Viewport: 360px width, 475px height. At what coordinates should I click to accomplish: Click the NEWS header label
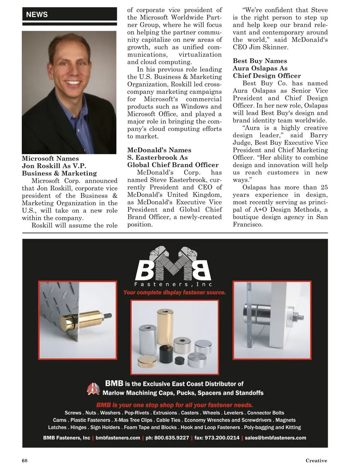point(37,15)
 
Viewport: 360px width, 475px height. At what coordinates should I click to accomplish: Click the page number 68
point(25,460)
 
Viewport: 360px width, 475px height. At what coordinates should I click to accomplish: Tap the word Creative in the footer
point(316,460)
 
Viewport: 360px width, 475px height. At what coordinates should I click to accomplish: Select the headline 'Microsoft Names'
point(50,158)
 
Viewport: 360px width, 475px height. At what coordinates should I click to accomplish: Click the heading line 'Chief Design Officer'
point(267,76)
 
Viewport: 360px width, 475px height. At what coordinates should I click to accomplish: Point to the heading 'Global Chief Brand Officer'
point(172,165)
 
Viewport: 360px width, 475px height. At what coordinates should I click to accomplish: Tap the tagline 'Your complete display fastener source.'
point(174,292)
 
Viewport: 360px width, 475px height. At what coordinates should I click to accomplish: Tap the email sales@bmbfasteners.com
point(275,438)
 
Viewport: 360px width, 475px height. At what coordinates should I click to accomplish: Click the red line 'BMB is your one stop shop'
point(174,405)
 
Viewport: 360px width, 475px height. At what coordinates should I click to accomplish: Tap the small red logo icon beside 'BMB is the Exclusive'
point(93,389)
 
